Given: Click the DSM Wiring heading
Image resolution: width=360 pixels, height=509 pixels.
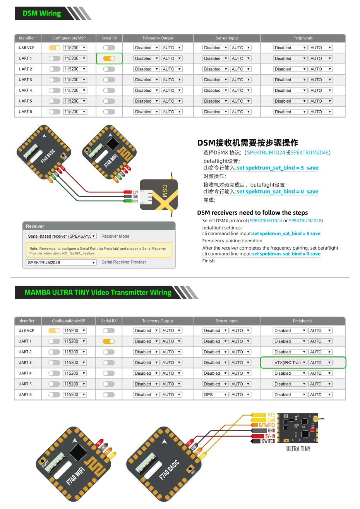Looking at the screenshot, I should pyautogui.click(x=42, y=14).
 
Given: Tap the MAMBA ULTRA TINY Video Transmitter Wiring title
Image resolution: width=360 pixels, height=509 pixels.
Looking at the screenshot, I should pyautogui.click(x=98, y=293).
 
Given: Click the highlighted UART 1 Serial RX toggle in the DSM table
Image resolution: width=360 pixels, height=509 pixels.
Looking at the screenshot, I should pyautogui.click(x=109, y=58).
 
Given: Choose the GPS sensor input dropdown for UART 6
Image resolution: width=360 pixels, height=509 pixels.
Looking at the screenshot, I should pyautogui.click(x=215, y=395).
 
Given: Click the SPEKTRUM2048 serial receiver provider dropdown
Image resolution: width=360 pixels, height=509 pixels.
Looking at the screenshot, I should pyautogui.click(x=61, y=262).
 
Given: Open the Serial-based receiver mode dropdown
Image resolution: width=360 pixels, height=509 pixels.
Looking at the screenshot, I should pyautogui.click(x=61, y=236).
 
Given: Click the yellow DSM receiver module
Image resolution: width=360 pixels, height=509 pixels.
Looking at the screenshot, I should pyautogui.click(x=159, y=195).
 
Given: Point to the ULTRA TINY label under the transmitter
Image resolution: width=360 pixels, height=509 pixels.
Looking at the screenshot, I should pyautogui.click(x=298, y=449).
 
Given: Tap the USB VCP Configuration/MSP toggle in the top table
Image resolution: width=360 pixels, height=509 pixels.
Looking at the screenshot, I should pyautogui.click(x=55, y=48).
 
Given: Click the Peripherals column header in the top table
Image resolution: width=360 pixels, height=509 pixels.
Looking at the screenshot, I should pyautogui.click(x=303, y=38).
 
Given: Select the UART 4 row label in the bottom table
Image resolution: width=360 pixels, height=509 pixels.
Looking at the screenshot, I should pyautogui.click(x=25, y=374).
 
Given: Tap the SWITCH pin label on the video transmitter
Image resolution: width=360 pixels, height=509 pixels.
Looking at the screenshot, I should pyautogui.click(x=267, y=441).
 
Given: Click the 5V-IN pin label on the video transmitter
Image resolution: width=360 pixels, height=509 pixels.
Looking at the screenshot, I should pyautogui.click(x=269, y=436).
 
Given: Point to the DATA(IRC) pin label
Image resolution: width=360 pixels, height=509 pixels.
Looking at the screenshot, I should pyautogui.click(x=266, y=425).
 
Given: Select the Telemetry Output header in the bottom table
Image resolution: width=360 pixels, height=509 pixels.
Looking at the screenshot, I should pyautogui.click(x=158, y=321).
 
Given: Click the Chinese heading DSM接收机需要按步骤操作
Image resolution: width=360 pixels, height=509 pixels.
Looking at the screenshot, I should pyautogui.click(x=247, y=143).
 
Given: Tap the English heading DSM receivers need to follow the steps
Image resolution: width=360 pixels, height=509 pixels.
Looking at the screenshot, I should pyautogui.click(x=252, y=213).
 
